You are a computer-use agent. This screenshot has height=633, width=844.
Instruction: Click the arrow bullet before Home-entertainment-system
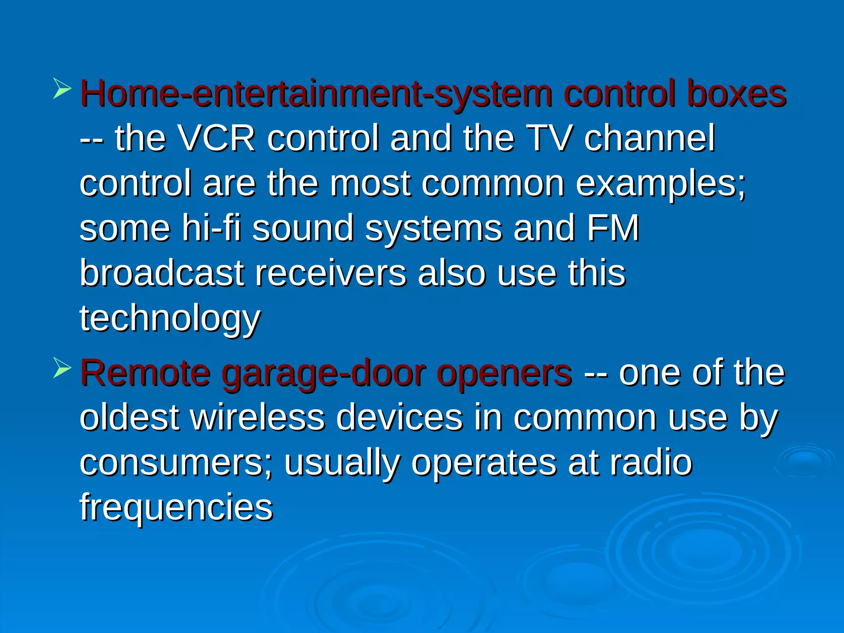(x=62, y=89)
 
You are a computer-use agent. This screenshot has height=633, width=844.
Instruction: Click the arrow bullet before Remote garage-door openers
(x=62, y=368)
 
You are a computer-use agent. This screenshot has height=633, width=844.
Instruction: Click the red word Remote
(x=145, y=373)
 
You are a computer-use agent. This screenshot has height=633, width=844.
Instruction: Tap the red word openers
(x=504, y=374)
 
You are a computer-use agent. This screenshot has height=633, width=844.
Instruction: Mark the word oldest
(x=129, y=418)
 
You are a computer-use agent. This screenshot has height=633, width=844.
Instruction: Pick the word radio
(x=651, y=463)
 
